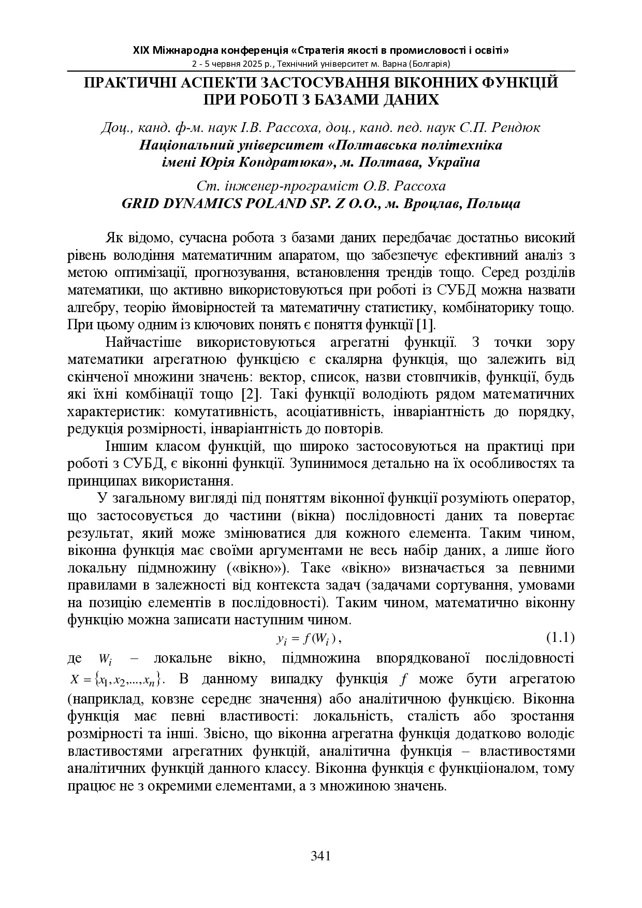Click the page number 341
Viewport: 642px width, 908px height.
pyautogui.click(x=320, y=855)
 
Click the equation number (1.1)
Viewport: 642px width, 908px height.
pyautogui.click(x=561, y=638)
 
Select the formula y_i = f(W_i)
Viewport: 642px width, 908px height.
pyautogui.click(x=309, y=639)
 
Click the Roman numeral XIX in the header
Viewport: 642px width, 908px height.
pyautogui.click(x=141, y=51)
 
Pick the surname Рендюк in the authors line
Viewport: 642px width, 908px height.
pyautogui.click(x=515, y=127)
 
